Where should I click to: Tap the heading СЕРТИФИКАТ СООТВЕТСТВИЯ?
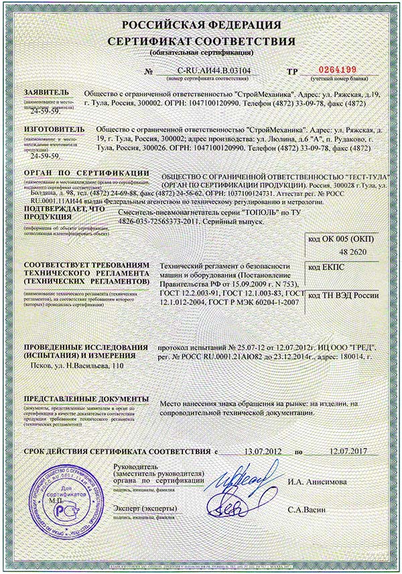(201, 42)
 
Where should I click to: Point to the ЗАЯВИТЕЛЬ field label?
(46, 93)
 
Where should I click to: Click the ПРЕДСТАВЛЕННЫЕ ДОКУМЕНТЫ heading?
(77, 398)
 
